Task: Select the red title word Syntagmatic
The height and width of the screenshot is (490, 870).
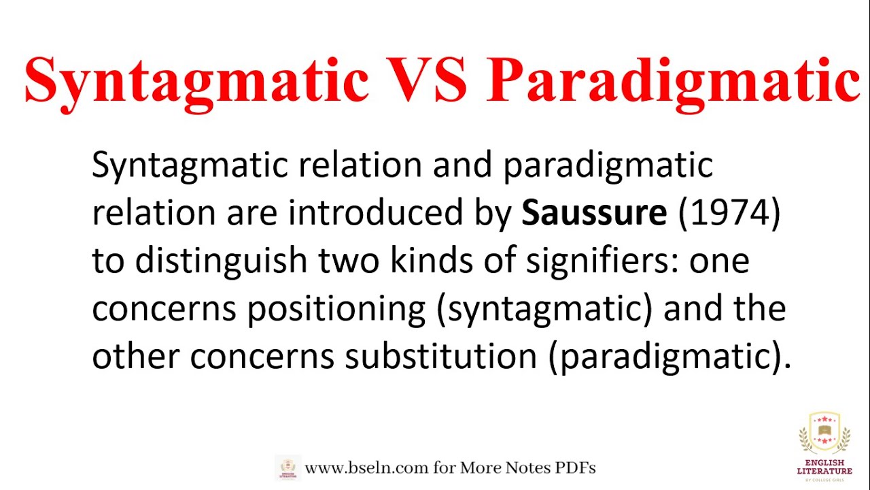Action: point(196,82)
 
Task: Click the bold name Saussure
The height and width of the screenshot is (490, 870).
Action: point(594,213)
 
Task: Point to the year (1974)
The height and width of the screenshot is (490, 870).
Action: point(729,213)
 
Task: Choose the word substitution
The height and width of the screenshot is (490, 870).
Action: point(441,357)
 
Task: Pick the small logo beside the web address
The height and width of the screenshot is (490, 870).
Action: point(288,468)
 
